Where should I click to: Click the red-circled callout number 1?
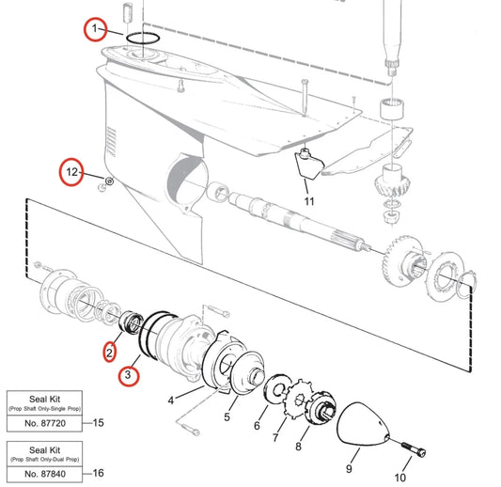[93, 30]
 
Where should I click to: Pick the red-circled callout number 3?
[130, 377]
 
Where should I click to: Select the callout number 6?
[256, 426]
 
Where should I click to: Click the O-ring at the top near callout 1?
[142, 38]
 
